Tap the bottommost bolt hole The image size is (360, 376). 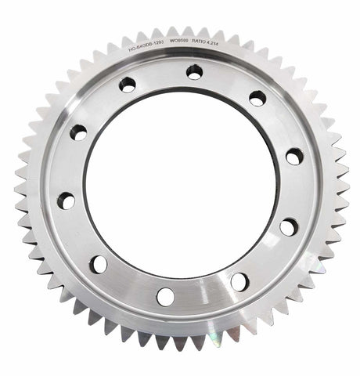165,296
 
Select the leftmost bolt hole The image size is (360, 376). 67,201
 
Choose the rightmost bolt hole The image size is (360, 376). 293,157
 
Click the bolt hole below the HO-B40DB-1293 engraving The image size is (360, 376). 127,85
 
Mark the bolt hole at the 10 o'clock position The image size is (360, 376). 78,132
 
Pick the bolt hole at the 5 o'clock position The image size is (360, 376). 239,281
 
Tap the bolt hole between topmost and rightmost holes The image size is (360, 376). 257,98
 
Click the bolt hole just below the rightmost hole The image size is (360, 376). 289,227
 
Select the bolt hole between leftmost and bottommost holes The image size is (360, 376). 99,264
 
